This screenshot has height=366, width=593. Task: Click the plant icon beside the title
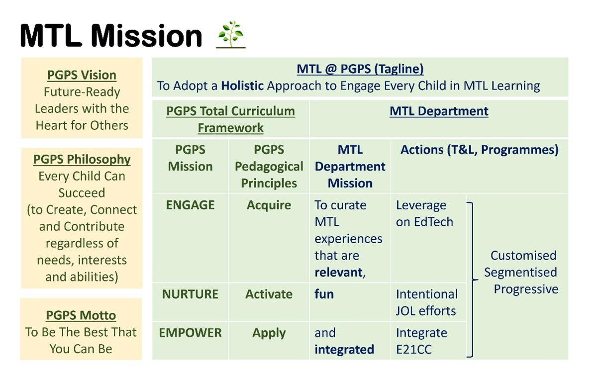pyautogui.click(x=231, y=34)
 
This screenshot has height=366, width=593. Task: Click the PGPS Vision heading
pyautogui.click(x=82, y=75)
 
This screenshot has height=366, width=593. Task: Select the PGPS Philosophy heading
pyautogui.click(x=82, y=159)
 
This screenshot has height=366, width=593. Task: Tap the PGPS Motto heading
pyautogui.click(x=81, y=315)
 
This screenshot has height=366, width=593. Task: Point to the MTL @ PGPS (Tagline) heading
pyautogui.click(x=360, y=69)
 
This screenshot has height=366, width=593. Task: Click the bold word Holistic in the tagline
pyautogui.click(x=242, y=86)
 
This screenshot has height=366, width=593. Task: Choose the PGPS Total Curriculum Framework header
pyautogui.click(x=231, y=119)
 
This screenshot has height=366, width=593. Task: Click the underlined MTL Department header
pyautogui.click(x=439, y=111)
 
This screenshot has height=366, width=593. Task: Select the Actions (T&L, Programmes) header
pyautogui.click(x=480, y=150)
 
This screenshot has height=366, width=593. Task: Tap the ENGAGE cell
pyautogui.click(x=190, y=205)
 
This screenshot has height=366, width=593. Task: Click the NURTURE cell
pyautogui.click(x=190, y=294)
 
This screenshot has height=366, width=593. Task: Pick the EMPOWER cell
pyautogui.click(x=190, y=333)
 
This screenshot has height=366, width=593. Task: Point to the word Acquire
pyautogui.click(x=269, y=205)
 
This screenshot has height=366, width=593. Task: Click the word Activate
pyautogui.click(x=269, y=294)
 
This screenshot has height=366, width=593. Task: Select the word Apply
pyautogui.click(x=269, y=333)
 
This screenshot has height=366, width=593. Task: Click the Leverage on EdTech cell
pyautogui.click(x=424, y=214)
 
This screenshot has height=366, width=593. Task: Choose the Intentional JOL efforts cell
pyautogui.click(x=427, y=302)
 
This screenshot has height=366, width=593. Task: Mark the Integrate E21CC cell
pyautogui.click(x=421, y=341)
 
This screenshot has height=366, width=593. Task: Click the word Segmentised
pyautogui.click(x=520, y=272)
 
